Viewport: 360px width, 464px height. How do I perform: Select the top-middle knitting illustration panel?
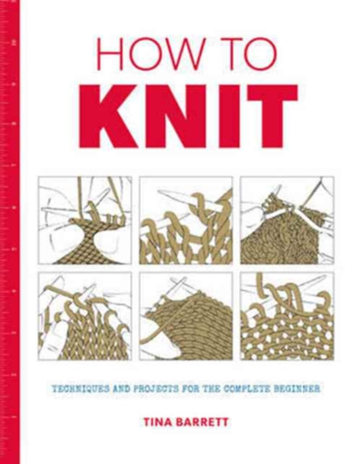(x=186, y=220)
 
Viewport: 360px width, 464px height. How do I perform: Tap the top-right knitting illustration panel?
(x=287, y=220)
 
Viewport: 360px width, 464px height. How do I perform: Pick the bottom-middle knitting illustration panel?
(x=186, y=316)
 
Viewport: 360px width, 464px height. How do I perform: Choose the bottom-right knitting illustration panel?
(x=287, y=316)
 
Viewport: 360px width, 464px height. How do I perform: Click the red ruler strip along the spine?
(x=10, y=232)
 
